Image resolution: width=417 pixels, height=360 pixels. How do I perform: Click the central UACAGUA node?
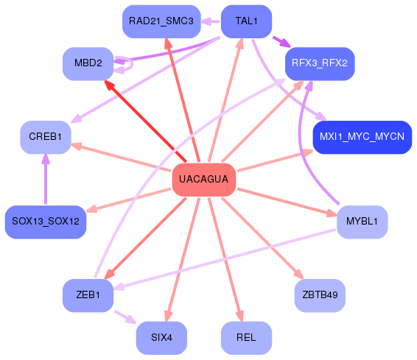pyautogui.click(x=204, y=180)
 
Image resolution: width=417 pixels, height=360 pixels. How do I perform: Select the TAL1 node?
pyautogui.click(x=246, y=21)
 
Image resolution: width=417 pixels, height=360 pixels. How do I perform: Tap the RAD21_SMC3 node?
pyautogui.click(x=161, y=21)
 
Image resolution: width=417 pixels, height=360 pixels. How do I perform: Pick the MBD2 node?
pyautogui.click(x=88, y=63)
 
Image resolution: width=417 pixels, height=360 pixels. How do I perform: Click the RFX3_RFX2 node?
pyautogui.click(x=320, y=63)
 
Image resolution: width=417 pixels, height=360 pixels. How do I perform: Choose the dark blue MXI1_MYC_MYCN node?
pyautogui.click(x=362, y=137)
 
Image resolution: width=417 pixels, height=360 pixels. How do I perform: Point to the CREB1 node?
pyautogui.click(x=46, y=137)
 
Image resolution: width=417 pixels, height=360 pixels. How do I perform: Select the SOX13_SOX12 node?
pyautogui.click(x=46, y=222)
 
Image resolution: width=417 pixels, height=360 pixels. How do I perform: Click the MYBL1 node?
pyautogui.click(x=362, y=222)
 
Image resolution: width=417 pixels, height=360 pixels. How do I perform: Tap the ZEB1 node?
pyautogui.click(x=88, y=295)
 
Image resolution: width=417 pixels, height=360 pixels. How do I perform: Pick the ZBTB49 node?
pyautogui.click(x=320, y=295)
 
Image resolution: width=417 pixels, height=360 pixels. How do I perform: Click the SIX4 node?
pyautogui.click(x=161, y=338)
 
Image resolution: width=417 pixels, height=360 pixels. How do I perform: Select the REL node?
pyautogui.click(x=246, y=338)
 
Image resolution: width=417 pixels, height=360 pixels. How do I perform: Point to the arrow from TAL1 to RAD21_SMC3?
pyautogui.click(x=211, y=21)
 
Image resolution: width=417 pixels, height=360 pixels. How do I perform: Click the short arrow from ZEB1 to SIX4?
pyautogui.click(x=125, y=317)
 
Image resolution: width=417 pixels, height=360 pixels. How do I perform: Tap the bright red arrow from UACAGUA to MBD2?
pyautogui.click(x=145, y=121)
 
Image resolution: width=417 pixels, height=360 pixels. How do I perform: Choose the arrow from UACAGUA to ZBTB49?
pyautogui.click(x=262, y=239)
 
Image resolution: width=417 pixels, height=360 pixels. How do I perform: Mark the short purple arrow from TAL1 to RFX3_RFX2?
pyautogui.click(x=281, y=42)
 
